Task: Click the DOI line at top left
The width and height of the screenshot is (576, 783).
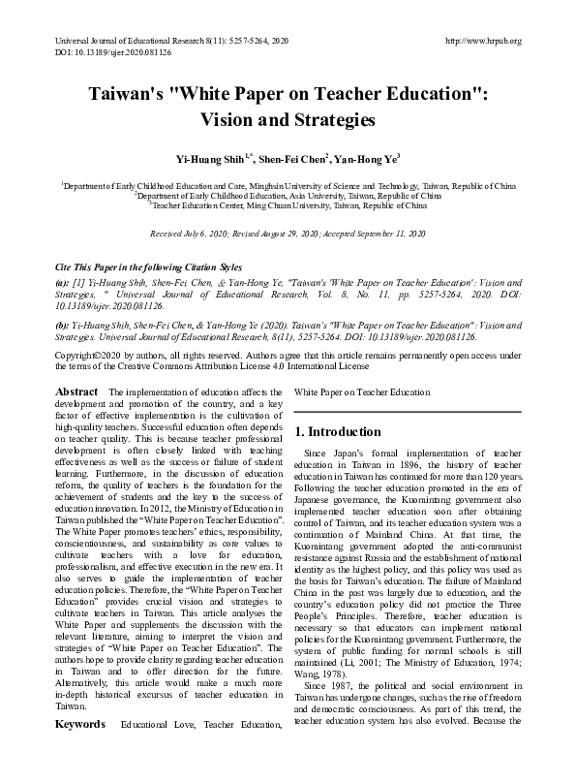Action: [100, 52]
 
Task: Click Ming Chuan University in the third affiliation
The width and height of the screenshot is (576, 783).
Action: [296, 204]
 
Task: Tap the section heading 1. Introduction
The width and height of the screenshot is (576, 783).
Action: [339, 431]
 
